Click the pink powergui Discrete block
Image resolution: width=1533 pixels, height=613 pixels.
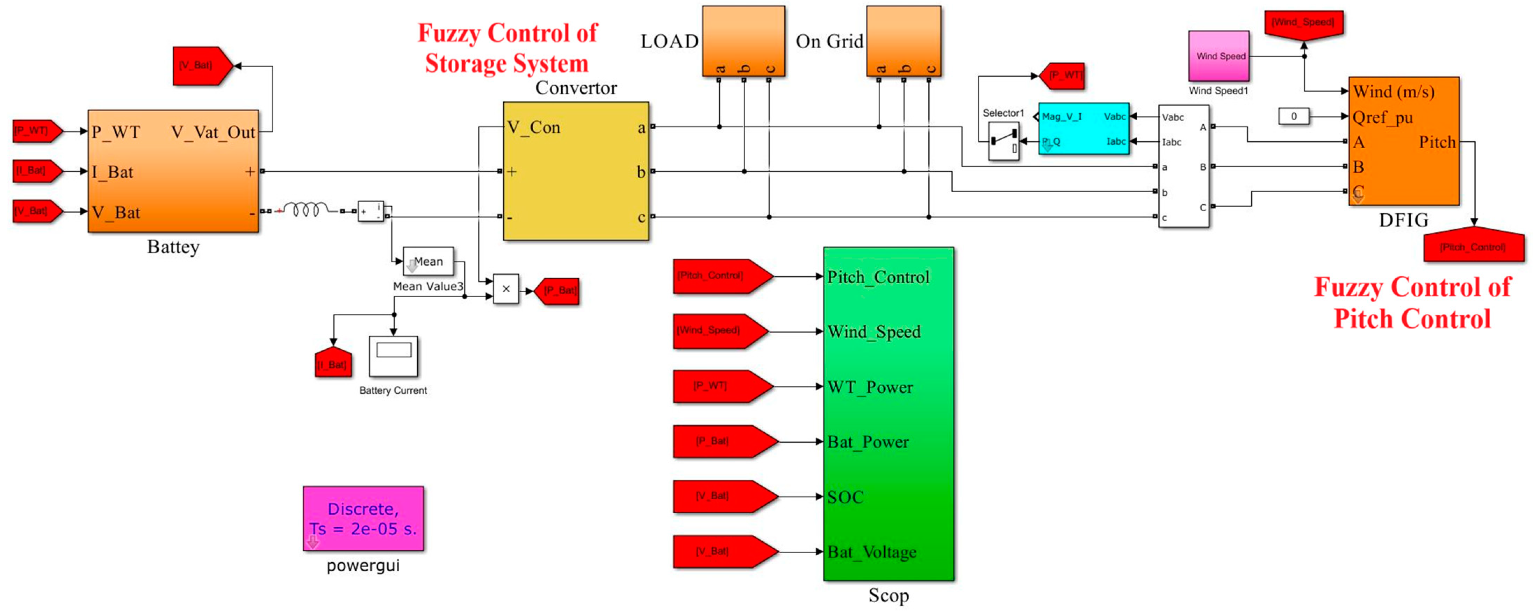tap(363, 518)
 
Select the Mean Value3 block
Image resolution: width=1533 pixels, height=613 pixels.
tap(428, 261)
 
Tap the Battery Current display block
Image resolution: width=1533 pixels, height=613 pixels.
tap(393, 356)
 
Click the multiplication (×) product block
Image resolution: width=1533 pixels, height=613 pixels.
tap(506, 289)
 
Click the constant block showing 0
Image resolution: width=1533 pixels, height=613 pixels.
tap(1293, 117)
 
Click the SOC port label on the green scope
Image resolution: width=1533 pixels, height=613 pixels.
tap(845, 497)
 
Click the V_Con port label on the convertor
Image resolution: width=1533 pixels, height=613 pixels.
tap(533, 127)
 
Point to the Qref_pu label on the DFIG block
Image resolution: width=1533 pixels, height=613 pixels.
tap(1382, 117)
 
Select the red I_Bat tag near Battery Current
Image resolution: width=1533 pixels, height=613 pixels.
tap(333, 364)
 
